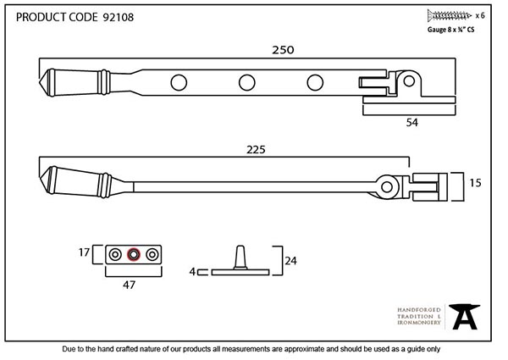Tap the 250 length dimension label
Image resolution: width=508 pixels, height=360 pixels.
pyautogui.click(x=283, y=50)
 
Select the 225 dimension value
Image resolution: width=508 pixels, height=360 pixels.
pyautogui.click(x=255, y=150)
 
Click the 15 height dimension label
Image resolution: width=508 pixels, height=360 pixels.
pyautogui.click(x=477, y=184)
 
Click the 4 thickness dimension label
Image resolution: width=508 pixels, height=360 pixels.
pyautogui.click(x=192, y=272)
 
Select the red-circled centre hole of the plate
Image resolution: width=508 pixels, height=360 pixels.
pyautogui.click(x=132, y=253)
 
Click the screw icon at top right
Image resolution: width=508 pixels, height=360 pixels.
pyautogui.click(x=450, y=15)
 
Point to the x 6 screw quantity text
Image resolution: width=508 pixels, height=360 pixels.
pyautogui.click(x=480, y=15)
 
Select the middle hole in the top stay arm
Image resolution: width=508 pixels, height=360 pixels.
pyautogui.click(x=247, y=82)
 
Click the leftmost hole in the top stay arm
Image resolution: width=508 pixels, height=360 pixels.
pyautogui.click(x=179, y=82)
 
